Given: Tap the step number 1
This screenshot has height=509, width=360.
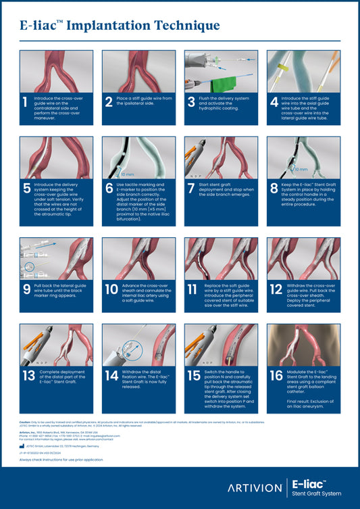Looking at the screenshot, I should pos(25,102).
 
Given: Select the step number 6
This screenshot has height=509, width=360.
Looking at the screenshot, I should pos(109,189).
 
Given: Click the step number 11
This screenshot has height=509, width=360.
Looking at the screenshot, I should pos(193,290).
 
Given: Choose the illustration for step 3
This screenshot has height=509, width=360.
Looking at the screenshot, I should pos(221,71).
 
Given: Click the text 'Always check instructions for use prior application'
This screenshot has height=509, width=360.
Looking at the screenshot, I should pos(61,459).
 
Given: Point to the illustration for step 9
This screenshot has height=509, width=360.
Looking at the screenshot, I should pos(55,258).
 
